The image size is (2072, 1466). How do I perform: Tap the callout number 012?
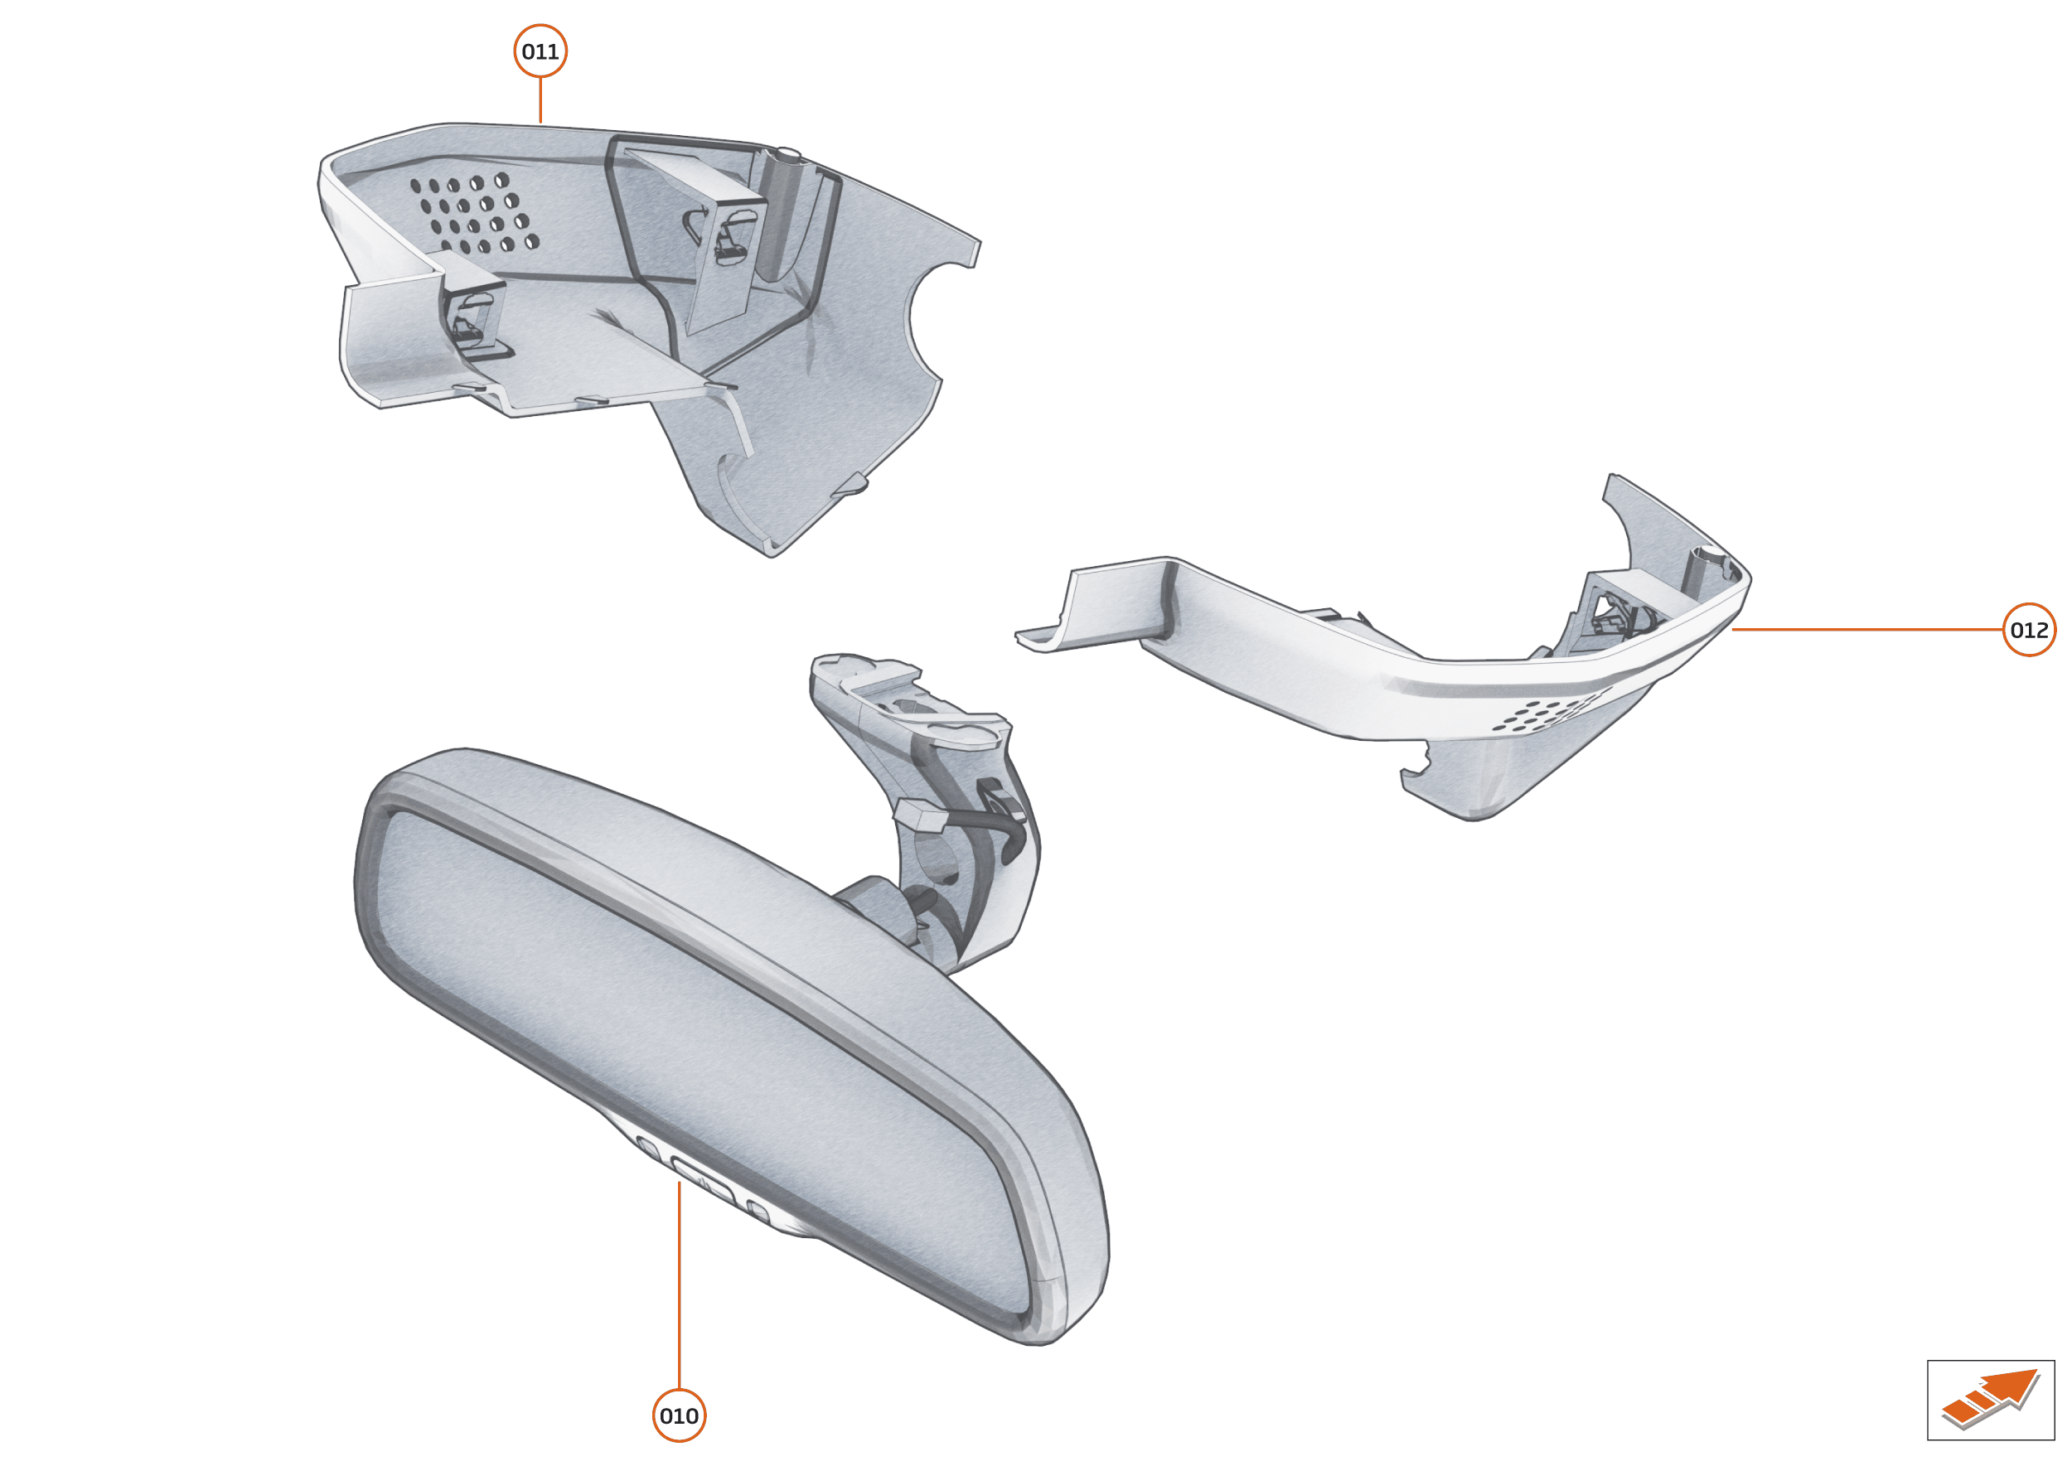[2029, 630]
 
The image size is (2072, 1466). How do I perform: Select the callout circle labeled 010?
[679, 1415]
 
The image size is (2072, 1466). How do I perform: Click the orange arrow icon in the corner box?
[1990, 1399]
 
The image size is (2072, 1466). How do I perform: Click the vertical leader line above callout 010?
[679, 1285]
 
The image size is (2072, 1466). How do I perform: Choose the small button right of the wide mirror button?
[758, 1212]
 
